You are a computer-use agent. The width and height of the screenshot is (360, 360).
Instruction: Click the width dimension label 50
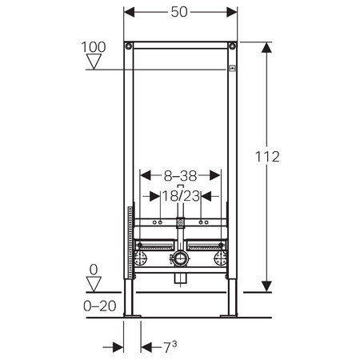pyautogui.click(x=179, y=12)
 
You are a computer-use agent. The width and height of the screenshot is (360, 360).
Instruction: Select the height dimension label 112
pyautogui.click(x=267, y=157)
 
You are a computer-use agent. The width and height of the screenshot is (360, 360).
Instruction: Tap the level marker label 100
pyautogui.click(x=94, y=47)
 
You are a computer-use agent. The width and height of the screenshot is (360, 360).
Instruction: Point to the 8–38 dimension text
pyautogui.click(x=180, y=176)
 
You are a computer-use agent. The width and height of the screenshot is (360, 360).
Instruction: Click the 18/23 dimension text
pyautogui.click(x=181, y=196)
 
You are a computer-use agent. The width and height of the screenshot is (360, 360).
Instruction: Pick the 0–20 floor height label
pyautogui.click(x=100, y=306)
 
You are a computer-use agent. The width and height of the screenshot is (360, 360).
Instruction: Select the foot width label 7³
pyautogui.click(x=170, y=347)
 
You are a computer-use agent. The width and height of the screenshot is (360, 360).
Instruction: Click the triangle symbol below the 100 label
pyautogui.click(x=94, y=62)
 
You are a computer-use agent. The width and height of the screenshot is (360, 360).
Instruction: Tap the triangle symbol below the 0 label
pyautogui.click(x=94, y=284)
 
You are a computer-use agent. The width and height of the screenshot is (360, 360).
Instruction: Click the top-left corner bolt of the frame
pyautogui.click(x=129, y=46)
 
